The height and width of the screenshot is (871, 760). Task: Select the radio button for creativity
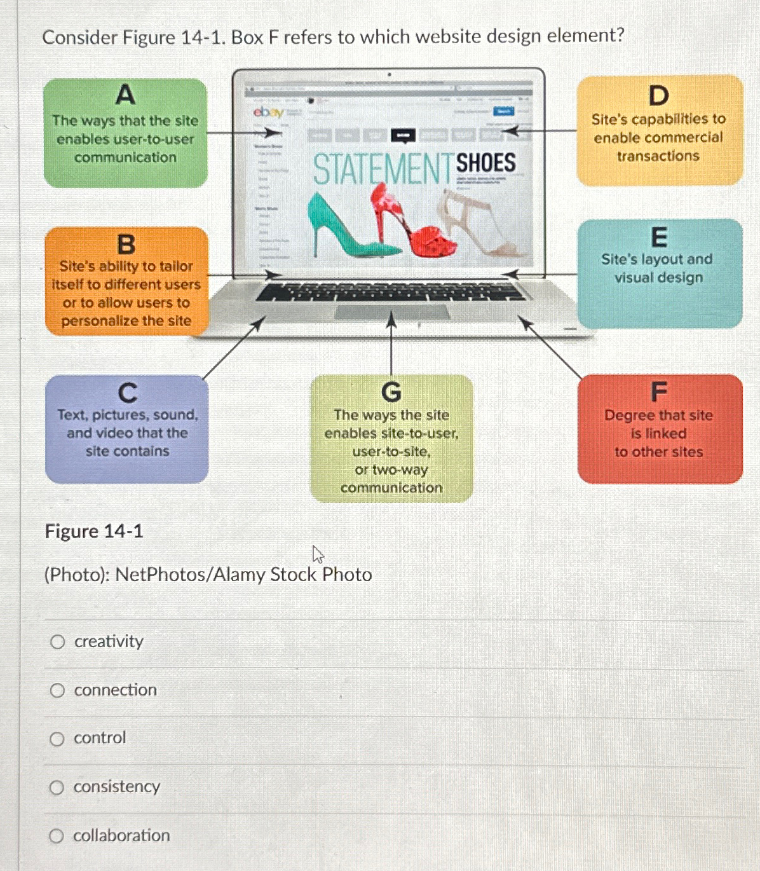pyautogui.click(x=58, y=642)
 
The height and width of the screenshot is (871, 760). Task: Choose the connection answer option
pyautogui.click(x=58, y=690)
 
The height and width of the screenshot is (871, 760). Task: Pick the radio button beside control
pyautogui.click(x=57, y=739)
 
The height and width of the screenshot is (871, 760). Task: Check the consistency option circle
pyautogui.click(x=57, y=788)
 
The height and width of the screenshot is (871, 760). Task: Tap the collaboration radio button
pyautogui.click(x=57, y=836)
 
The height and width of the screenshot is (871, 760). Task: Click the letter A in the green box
pyautogui.click(x=125, y=95)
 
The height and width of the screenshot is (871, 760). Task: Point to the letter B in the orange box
pyautogui.click(x=126, y=244)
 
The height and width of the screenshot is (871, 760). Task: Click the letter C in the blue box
pyautogui.click(x=127, y=393)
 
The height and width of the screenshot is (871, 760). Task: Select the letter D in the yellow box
pyautogui.click(x=659, y=96)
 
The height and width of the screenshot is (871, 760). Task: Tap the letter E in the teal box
pyautogui.click(x=659, y=237)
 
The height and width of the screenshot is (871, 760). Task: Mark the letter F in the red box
pyautogui.click(x=659, y=392)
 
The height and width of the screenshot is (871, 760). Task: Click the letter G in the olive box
pyautogui.click(x=391, y=392)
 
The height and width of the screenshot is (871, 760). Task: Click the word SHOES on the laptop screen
pyautogui.click(x=486, y=163)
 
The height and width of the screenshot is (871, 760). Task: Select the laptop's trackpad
pyautogui.click(x=391, y=312)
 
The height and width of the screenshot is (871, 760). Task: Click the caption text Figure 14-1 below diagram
pyautogui.click(x=94, y=532)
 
